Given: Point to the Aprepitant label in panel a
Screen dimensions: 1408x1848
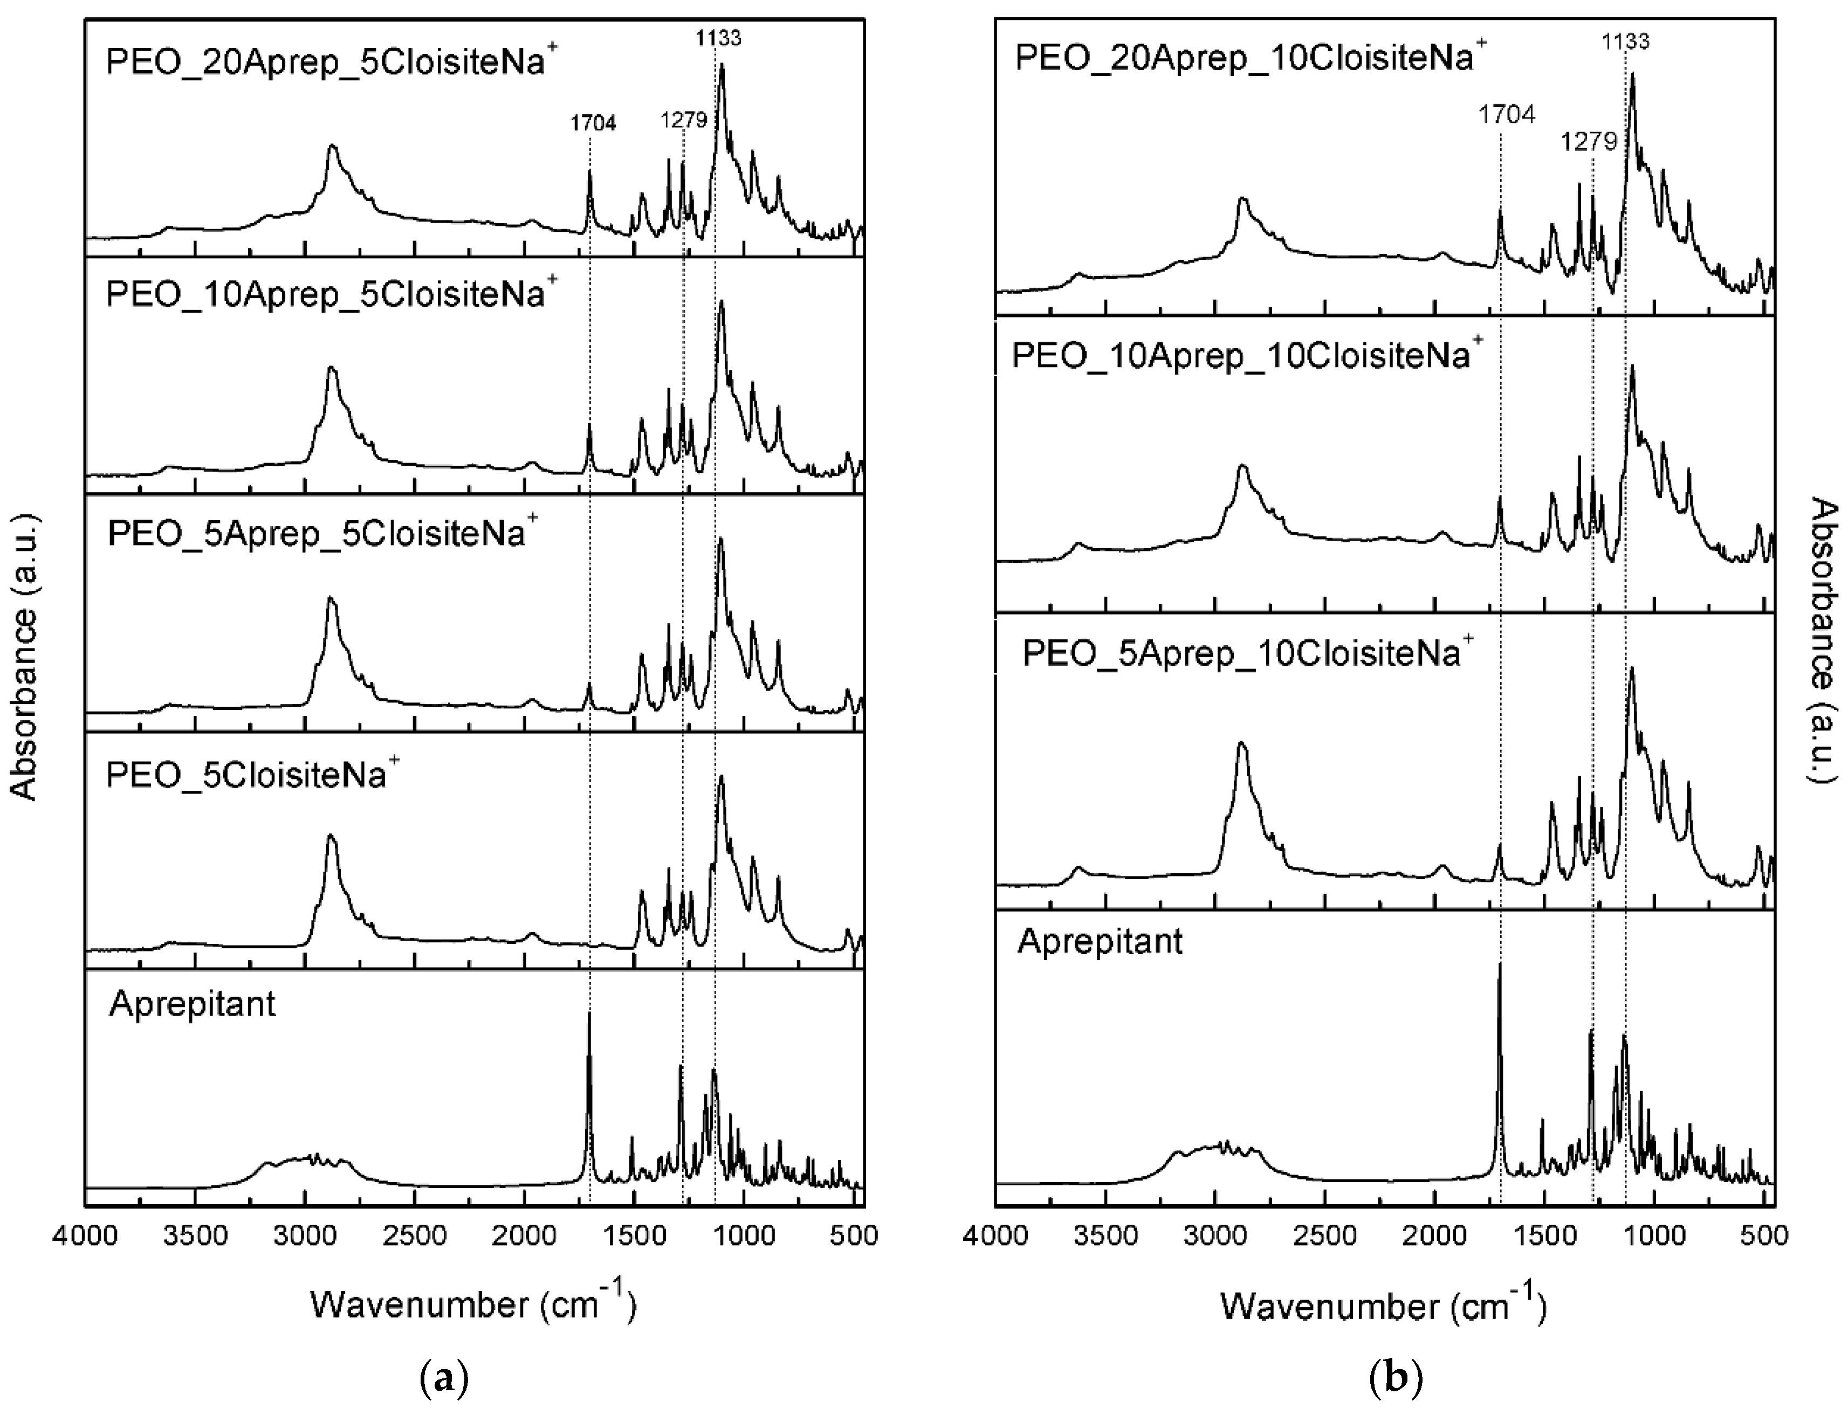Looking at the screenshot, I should [192, 1003].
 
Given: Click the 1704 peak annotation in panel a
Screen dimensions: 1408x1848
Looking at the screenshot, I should [593, 123].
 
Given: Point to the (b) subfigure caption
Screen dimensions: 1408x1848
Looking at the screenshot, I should [1395, 1377].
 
